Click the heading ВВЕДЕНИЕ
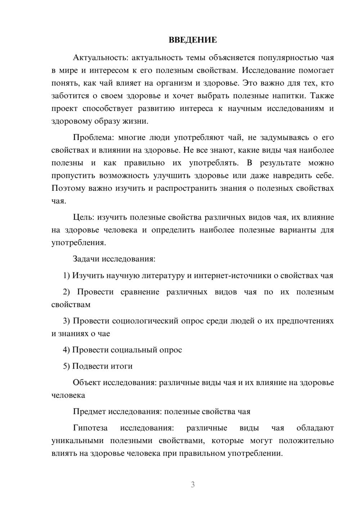[x=193, y=40]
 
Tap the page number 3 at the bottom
[x=193, y=485]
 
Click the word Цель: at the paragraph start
[x=84, y=217]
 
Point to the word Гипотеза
[x=90, y=428]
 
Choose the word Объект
[x=87, y=382]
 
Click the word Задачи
[x=86, y=259]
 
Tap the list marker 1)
[x=67, y=275]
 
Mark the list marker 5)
[x=67, y=366]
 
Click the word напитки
[x=291, y=96]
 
